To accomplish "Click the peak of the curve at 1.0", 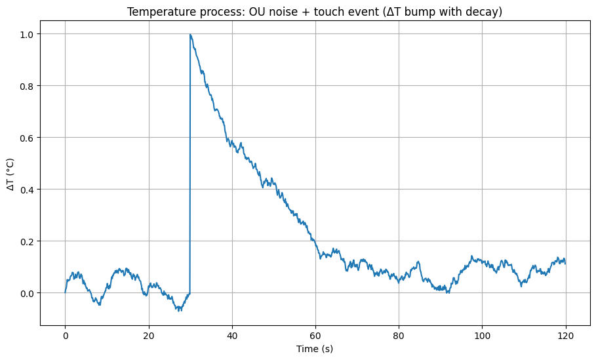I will [190, 34].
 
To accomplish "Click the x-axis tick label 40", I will [232, 335].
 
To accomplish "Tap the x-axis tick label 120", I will [565, 335].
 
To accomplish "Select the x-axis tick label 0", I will [66, 335].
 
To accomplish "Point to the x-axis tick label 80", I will [399, 335].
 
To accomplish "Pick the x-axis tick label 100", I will [482, 335].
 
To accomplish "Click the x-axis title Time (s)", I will [315, 349].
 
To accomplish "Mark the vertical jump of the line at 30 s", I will [190, 164].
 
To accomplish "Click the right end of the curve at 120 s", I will [565, 263].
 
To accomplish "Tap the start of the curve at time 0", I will [66, 292].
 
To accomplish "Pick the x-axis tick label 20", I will [149, 335].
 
